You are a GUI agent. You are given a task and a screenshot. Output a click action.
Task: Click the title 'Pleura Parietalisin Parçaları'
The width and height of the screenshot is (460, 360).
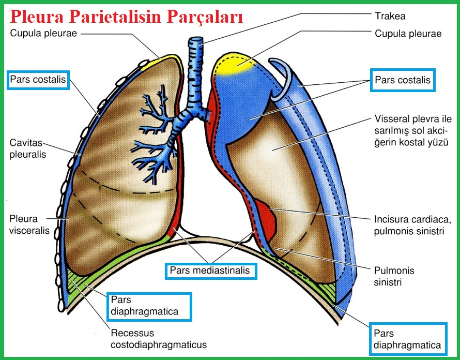click(x=127, y=18)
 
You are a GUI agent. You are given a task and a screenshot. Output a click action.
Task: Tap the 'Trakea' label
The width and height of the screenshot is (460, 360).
click(x=391, y=16)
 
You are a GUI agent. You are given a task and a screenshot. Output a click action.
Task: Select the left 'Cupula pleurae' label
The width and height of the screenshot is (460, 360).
click(x=43, y=34)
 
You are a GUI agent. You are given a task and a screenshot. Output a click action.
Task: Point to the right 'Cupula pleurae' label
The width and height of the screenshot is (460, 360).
click(x=408, y=34)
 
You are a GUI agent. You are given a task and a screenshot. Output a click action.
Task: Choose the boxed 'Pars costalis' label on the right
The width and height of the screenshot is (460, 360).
click(x=402, y=81)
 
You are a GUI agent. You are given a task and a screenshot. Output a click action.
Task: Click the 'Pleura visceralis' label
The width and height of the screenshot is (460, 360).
click(x=29, y=223)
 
